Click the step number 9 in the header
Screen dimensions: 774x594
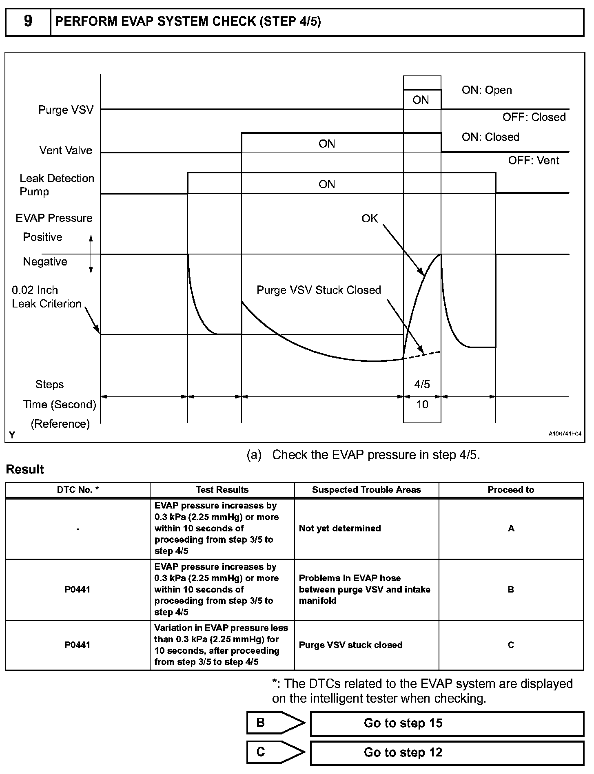click(28, 21)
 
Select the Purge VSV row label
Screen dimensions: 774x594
click(66, 110)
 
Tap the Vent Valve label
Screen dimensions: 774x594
click(66, 150)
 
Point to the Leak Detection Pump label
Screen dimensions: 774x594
click(57, 185)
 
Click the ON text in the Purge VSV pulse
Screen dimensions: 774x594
click(421, 100)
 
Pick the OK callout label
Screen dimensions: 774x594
click(370, 219)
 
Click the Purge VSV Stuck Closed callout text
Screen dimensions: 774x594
click(319, 290)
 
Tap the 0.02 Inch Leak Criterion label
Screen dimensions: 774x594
click(47, 297)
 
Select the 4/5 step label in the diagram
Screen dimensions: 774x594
click(422, 384)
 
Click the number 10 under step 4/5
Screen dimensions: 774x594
click(422, 404)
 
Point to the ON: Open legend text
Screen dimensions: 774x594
click(486, 90)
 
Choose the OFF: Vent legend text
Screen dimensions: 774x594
click(533, 161)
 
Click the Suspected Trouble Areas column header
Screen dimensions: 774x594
click(366, 490)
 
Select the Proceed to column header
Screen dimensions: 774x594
click(511, 490)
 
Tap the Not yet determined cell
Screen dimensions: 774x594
click(340, 529)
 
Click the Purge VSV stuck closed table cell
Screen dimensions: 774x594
click(350, 645)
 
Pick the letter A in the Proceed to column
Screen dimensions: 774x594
click(511, 529)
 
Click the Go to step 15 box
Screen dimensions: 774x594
click(447, 723)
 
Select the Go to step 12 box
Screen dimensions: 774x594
click(447, 753)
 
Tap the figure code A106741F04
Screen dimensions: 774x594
click(565, 434)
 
